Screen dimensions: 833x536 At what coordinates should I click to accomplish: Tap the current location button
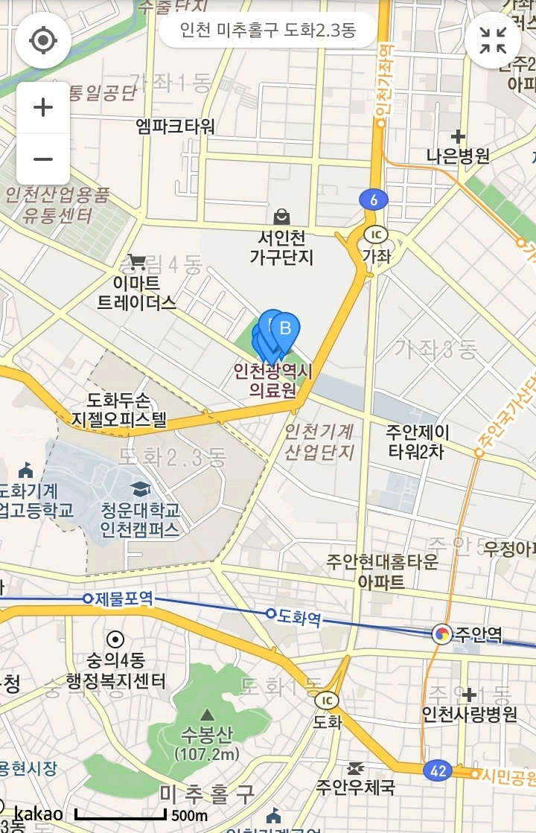pyautogui.click(x=43, y=40)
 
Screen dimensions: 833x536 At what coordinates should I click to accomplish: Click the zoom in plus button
pyautogui.click(x=43, y=107)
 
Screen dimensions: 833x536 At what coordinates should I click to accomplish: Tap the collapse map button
pyautogui.click(x=493, y=40)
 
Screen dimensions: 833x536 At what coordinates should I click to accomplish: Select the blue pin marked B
pyautogui.click(x=284, y=328)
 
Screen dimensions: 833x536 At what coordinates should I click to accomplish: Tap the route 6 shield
pyautogui.click(x=373, y=199)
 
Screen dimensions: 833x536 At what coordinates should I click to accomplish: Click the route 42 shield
pyautogui.click(x=438, y=770)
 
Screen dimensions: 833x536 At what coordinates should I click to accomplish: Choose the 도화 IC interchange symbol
pyautogui.click(x=326, y=700)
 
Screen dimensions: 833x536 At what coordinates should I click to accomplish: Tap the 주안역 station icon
pyautogui.click(x=442, y=633)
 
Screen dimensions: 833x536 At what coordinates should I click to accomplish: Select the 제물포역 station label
pyautogui.click(x=124, y=598)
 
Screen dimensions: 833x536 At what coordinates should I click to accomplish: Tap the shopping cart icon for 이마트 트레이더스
pyautogui.click(x=136, y=261)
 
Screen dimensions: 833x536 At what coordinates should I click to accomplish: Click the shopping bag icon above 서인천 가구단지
pyautogui.click(x=281, y=217)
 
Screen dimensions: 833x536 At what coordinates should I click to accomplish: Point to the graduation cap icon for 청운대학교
pyautogui.click(x=139, y=489)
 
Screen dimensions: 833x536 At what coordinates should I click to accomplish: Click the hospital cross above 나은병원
pyautogui.click(x=458, y=136)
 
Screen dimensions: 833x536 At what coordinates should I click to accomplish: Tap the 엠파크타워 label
pyautogui.click(x=175, y=126)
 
